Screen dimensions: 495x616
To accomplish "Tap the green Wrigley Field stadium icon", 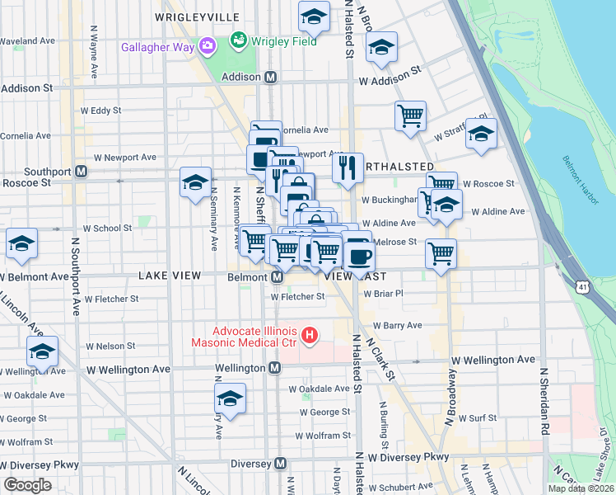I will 238,39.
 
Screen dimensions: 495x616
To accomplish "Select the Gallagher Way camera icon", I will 208,45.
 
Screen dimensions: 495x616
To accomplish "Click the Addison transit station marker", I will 270,77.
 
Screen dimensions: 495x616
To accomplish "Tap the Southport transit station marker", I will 81,172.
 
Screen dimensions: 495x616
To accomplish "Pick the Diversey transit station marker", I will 280,464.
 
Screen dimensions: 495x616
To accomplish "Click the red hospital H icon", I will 309,335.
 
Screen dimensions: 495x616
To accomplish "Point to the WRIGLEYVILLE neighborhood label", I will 197,17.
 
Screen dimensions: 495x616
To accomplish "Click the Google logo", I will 28,484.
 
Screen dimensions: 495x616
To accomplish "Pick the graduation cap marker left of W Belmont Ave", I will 21,243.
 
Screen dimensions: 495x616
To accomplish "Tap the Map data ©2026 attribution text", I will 581,488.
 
